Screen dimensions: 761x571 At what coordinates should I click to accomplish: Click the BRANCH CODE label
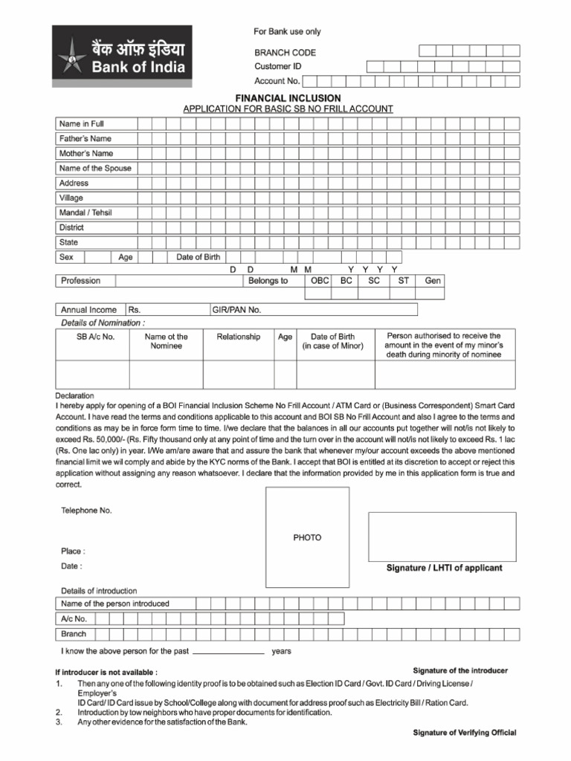click(285, 53)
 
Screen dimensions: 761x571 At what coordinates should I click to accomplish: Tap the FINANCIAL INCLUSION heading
click(288, 98)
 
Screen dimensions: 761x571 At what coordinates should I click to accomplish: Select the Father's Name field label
click(86, 138)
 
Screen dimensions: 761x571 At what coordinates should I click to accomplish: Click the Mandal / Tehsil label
click(86, 213)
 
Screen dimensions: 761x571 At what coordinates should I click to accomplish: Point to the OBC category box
click(319, 281)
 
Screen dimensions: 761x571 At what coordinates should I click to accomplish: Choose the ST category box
click(404, 281)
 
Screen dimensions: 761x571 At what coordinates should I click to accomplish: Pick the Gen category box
click(433, 281)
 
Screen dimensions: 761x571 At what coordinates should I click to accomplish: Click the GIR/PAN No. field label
click(237, 310)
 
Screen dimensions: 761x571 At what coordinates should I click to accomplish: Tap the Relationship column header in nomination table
click(238, 337)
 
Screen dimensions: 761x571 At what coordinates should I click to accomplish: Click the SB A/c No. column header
click(96, 337)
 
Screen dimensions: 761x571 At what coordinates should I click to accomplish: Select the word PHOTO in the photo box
click(307, 537)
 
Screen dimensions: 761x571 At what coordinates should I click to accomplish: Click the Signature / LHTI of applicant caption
click(444, 568)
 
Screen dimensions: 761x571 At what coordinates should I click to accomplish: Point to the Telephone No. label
click(86, 511)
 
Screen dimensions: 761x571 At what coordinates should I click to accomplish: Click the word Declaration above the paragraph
click(75, 395)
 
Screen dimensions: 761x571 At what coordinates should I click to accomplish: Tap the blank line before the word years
click(228, 652)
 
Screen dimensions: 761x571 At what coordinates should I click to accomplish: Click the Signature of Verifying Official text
click(465, 733)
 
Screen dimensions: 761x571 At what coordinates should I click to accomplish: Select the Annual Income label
click(88, 310)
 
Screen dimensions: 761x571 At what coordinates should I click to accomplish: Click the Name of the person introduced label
click(115, 603)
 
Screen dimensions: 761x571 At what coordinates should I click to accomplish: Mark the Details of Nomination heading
click(103, 323)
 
